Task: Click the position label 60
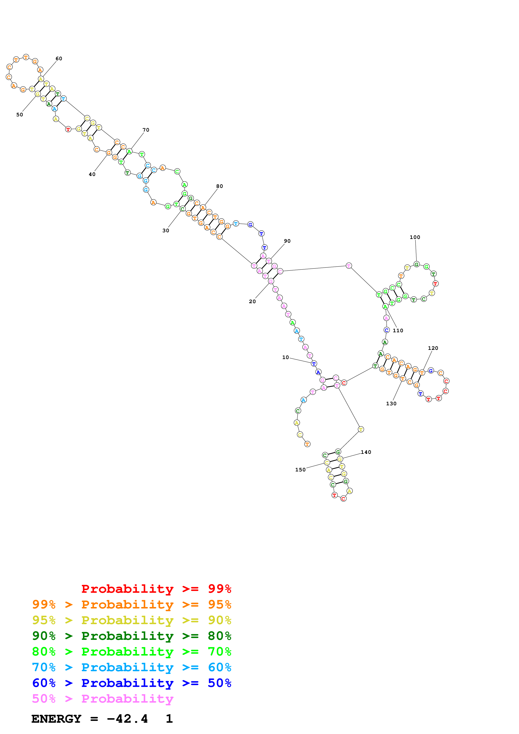pyautogui.click(x=59, y=59)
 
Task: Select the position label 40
pyautogui.click(x=92, y=174)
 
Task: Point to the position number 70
pyautogui.click(x=146, y=130)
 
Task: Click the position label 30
pyautogui.click(x=166, y=231)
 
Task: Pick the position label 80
pyautogui.click(x=219, y=186)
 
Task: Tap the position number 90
pyautogui.click(x=287, y=241)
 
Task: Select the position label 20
pyautogui.click(x=252, y=302)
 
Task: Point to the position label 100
pyautogui.click(x=415, y=237)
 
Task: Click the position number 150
pyautogui.click(x=300, y=470)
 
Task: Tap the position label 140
pyautogui.click(x=366, y=452)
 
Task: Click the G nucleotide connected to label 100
pyautogui.click(x=416, y=264)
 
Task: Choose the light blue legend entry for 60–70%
pyautogui.click(x=131, y=667)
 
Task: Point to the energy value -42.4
pyautogui.click(x=127, y=719)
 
